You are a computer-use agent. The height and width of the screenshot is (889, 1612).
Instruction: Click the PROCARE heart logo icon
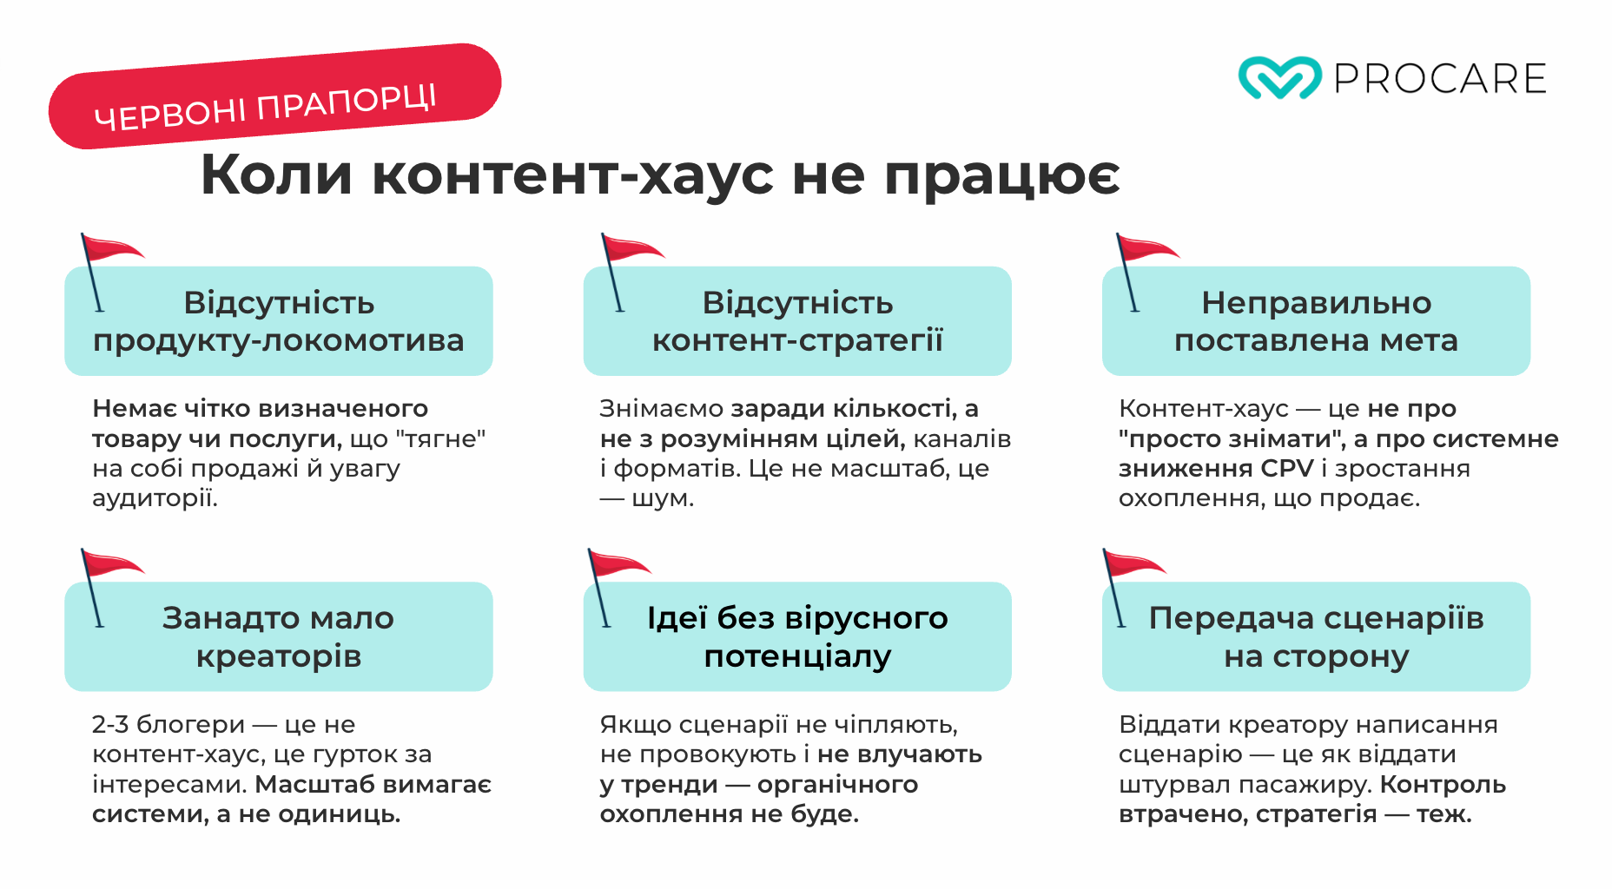(x=1279, y=78)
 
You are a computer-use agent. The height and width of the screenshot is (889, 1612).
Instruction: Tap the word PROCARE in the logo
(x=1440, y=79)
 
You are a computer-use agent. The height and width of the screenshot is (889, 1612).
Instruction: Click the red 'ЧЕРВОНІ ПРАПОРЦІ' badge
(x=274, y=95)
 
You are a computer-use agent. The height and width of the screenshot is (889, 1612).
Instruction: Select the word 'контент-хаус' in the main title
(x=572, y=175)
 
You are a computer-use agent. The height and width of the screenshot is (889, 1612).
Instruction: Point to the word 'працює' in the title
(x=1001, y=176)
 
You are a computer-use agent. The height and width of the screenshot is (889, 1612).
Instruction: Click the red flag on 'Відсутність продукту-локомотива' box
(x=111, y=249)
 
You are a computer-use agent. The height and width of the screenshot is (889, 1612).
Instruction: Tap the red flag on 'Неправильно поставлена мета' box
(x=1146, y=249)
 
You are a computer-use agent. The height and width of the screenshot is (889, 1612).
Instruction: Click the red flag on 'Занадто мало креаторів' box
(x=111, y=564)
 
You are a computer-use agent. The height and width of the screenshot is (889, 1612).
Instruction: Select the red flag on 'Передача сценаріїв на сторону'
(x=1133, y=564)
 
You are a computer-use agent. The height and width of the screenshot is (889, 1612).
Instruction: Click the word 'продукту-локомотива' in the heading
(x=278, y=340)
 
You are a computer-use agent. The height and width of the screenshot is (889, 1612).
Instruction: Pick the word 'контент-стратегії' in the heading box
(x=797, y=340)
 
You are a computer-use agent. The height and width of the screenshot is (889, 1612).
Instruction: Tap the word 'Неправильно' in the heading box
(x=1316, y=303)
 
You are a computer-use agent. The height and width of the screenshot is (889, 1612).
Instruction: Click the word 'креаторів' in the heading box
(x=278, y=656)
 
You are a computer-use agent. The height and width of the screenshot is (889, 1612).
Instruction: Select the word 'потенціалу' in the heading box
(x=797, y=656)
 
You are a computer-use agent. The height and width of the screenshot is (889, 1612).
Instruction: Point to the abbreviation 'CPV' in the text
(x=1287, y=469)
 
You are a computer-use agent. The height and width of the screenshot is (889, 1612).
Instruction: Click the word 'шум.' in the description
(x=663, y=499)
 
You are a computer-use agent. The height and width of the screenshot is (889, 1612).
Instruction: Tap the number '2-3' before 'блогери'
(x=110, y=724)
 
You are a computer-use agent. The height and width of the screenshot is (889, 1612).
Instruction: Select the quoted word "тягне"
(x=440, y=439)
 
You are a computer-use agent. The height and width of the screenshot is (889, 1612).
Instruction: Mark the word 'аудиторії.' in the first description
(x=155, y=499)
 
